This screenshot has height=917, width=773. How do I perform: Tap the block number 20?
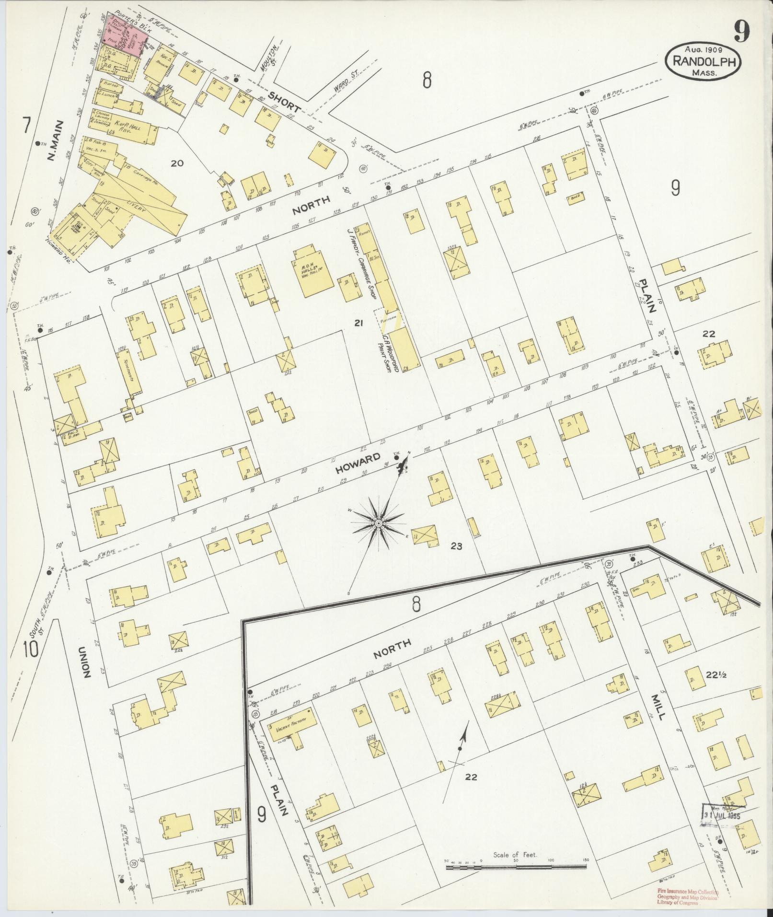pos(177,163)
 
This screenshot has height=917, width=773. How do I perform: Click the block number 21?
pos(358,324)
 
